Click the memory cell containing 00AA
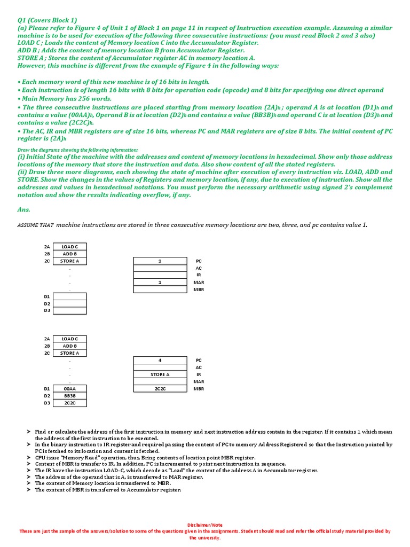pyautogui.click(x=70, y=389)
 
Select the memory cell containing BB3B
pyautogui.click(x=70, y=396)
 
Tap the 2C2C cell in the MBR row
pyautogui.click(x=160, y=389)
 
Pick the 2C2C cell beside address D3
pyautogui.click(x=70, y=403)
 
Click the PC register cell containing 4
pyautogui.click(x=160, y=361)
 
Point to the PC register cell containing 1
pyautogui.click(x=160, y=261)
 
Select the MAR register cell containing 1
pyautogui.click(x=160, y=282)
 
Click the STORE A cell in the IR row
pyautogui.click(x=160, y=374)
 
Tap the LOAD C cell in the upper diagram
pyautogui.click(x=70, y=247)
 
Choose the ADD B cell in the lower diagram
pyautogui.click(x=70, y=346)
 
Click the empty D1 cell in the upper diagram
pyautogui.click(x=70, y=296)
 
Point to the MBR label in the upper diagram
pyautogui.click(x=199, y=290)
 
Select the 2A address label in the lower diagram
pyautogui.click(x=47, y=339)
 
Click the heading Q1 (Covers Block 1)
pyautogui.click(x=48, y=20)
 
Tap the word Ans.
pyautogui.click(x=23, y=210)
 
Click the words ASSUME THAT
pyautogui.click(x=35, y=225)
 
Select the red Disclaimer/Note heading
pyautogui.click(x=205, y=525)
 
